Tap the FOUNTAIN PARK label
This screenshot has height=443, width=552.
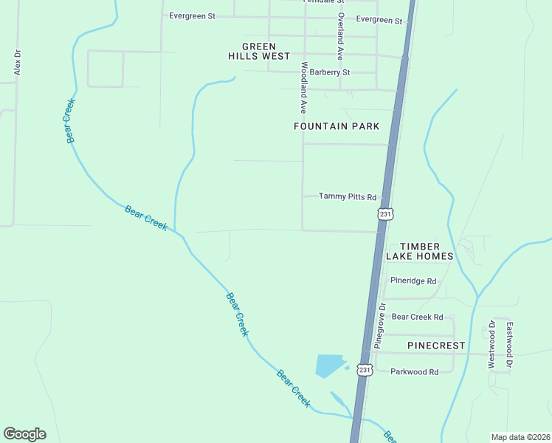337,126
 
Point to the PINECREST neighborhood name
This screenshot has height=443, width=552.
436,346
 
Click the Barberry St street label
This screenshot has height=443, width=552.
330,72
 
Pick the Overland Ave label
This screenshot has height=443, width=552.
341,36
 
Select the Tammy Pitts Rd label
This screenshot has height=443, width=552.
348,196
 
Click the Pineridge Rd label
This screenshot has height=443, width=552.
413,281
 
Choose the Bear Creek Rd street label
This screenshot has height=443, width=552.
417,317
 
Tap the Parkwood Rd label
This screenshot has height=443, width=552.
415,371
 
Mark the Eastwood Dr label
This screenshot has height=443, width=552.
509,344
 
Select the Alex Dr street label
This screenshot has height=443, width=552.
18,62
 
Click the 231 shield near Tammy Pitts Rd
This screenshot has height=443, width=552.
385,213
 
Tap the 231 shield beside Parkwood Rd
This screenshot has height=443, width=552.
365,369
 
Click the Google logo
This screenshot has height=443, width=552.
24,434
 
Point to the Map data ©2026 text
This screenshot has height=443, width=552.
520,437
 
